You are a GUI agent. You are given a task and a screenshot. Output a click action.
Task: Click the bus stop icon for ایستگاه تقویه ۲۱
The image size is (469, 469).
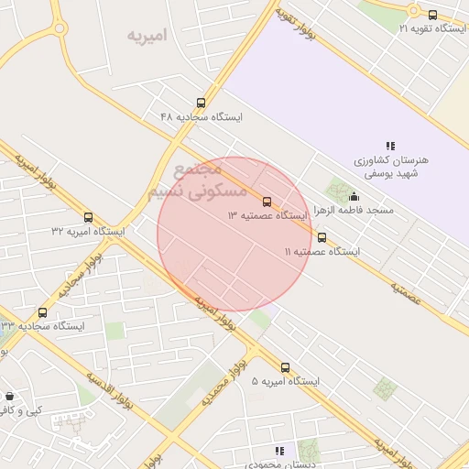(433, 14)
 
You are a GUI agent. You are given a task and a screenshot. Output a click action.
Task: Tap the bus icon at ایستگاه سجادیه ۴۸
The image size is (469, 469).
(201, 103)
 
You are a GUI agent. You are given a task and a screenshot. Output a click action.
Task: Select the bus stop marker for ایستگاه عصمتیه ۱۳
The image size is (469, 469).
(267, 201)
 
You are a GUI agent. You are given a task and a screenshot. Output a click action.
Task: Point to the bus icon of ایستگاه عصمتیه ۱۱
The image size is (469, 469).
(321, 236)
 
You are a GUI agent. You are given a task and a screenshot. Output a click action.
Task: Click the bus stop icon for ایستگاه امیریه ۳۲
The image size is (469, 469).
(88, 217)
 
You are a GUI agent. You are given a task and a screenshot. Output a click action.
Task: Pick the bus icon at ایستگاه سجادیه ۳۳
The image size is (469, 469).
(42, 312)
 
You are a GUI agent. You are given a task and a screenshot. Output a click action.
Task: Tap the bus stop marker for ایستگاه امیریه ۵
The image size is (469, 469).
(285, 367)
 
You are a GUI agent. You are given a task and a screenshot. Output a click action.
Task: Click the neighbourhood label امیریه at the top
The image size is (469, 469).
(147, 36)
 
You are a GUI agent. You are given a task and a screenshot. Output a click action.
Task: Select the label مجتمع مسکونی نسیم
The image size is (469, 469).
(196, 181)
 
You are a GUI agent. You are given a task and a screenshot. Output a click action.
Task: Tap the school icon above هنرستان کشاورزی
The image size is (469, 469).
(390, 146)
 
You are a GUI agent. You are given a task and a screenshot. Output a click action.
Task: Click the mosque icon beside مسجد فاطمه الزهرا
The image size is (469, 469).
(354, 196)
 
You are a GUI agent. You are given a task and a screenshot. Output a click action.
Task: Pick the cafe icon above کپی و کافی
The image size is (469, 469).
(10, 396)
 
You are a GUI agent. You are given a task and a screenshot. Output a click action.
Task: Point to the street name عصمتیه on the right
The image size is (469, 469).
(405, 292)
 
